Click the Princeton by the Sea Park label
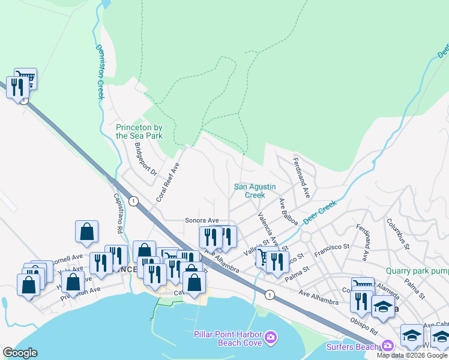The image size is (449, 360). (x=139, y=131)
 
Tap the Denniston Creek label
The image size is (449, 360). (x=99, y=73)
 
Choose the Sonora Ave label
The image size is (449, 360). (x=202, y=221)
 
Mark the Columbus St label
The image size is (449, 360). (x=397, y=234)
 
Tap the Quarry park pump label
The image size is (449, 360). (x=417, y=271)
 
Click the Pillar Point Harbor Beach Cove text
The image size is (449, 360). (x=228, y=338)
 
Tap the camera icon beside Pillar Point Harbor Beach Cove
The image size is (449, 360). (x=271, y=338)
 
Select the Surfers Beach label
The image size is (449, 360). (x=352, y=347)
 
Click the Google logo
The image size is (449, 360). (x=20, y=353)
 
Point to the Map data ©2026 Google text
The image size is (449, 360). (x=412, y=355)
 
